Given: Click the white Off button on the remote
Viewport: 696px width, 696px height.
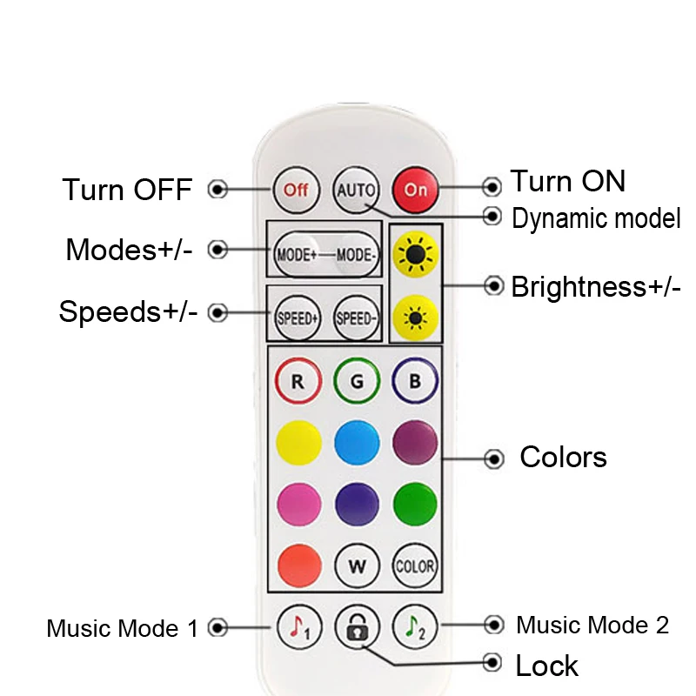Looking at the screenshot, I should coord(296,189).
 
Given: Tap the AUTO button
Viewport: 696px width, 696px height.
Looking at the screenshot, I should coord(356,189).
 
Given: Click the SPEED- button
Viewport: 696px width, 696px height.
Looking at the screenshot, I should coord(356,318).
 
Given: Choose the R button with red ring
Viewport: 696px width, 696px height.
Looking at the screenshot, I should coord(298,382).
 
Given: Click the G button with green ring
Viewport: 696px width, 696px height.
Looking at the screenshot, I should coord(356,382).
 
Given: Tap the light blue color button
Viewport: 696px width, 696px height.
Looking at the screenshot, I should coord(356,443).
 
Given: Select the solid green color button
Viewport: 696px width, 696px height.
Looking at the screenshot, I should coord(415,503).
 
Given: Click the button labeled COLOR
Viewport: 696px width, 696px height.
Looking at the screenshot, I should coord(415,565).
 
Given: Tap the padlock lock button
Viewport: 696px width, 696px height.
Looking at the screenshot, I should coord(356,627).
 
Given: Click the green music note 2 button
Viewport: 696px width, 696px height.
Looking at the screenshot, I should coord(415,626).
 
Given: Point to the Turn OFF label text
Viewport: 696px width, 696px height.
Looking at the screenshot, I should coord(127,190).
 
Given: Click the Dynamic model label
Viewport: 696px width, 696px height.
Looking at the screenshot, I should coord(596,218).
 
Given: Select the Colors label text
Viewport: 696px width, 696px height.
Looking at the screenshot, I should coord(563,457).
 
